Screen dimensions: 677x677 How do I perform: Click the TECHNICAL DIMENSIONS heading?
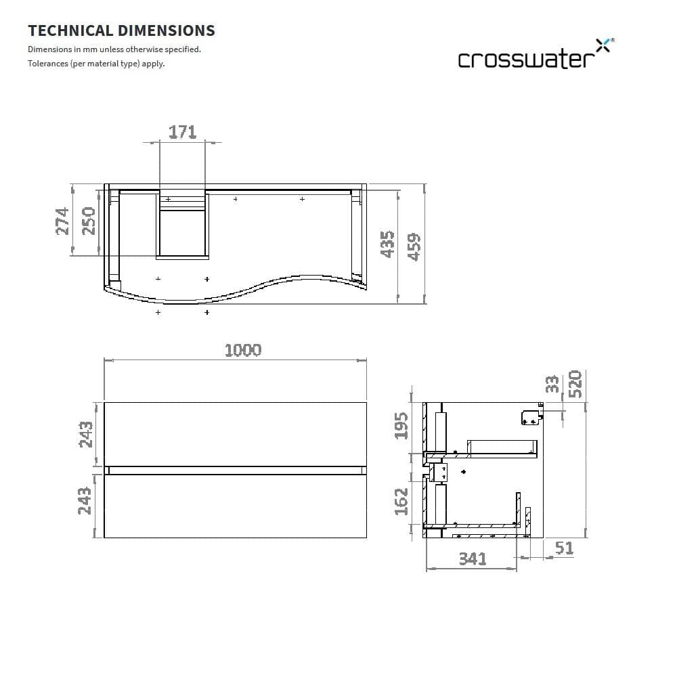[121, 30]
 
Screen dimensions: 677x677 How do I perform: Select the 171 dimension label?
[182, 131]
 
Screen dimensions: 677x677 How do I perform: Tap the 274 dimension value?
[62, 221]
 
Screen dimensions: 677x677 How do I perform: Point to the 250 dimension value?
[88, 221]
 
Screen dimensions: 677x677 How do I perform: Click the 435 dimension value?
[387, 244]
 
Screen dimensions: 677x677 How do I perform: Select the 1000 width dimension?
[242, 350]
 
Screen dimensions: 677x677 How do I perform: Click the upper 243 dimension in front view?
[86, 435]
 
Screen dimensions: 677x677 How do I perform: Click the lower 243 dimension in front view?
[86, 501]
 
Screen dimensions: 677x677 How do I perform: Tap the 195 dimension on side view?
[401, 426]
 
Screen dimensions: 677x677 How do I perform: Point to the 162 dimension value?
[401, 501]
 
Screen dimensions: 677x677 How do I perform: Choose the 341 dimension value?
[472, 559]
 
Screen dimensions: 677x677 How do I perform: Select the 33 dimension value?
[553, 384]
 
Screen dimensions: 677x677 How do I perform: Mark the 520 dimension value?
[575, 384]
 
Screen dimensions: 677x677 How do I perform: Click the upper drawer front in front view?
[235, 434]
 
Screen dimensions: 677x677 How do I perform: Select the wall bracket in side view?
[531, 418]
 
